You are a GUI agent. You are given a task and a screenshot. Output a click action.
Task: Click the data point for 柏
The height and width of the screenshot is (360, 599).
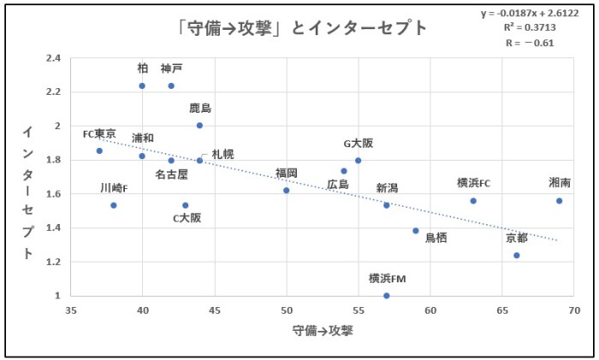click(142, 86)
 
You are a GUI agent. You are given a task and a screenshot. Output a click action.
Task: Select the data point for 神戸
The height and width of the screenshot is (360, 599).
click(171, 86)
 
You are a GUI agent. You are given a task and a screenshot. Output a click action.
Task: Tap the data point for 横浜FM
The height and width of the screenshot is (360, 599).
click(387, 296)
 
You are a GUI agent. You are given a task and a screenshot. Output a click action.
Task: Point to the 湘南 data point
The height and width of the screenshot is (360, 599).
click(560, 201)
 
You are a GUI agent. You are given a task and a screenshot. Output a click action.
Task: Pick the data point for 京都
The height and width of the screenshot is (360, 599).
click(517, 255)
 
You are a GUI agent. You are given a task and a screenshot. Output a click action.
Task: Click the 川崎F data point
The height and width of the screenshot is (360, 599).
click(114, 205)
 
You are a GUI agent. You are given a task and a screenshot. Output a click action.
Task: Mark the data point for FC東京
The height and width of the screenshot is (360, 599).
click(99, 150)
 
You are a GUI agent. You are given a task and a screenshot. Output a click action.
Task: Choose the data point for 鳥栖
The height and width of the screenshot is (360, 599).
click(416, 231)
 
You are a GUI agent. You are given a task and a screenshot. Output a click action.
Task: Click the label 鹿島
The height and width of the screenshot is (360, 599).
click(200, 109)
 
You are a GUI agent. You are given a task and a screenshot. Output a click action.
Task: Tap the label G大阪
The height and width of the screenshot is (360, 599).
click(358, 143)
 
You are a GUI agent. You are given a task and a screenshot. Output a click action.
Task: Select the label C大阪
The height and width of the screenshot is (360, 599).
click(187, 218)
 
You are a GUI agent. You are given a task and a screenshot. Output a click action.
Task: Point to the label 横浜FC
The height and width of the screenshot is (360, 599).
click(473, 183)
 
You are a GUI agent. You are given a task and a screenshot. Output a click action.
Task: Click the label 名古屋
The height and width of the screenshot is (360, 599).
click(171, 174)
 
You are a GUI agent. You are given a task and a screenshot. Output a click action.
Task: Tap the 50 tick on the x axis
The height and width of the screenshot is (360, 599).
click(287, 310)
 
